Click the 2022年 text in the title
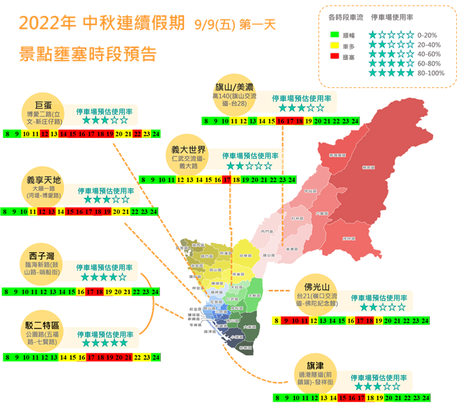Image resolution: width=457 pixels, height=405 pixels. [x=47, y=24]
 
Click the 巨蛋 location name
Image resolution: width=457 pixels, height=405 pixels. [x=44, y=105]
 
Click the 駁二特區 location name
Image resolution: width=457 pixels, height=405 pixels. [x=42, y=325]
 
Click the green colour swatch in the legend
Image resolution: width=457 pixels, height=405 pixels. [x=334, y=33]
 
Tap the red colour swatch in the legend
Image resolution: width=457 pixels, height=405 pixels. [x=334, y=57]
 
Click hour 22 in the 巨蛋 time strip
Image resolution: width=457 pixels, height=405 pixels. [x=137, y=133]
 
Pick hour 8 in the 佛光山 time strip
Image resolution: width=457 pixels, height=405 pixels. [x=277, y=321]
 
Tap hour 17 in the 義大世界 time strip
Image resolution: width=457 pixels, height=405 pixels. [x=227, y=180]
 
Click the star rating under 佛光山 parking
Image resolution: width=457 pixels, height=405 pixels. [x=379, y=307]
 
